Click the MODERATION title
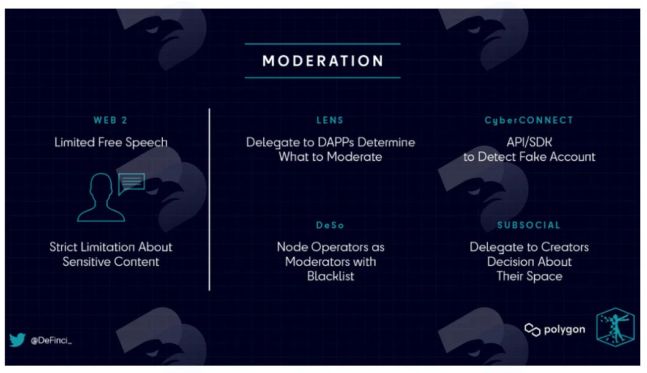point(323,61)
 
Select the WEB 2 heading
point(110,120)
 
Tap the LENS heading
point(330,120)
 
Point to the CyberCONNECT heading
point(529,121)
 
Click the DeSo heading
point(330,225)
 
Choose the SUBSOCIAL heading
point(529,225)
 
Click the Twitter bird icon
point(17,339)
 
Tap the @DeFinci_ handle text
point(51,341)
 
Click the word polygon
point(564,330)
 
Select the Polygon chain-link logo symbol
point(533,330)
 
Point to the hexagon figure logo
point(615,326)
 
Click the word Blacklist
point(331,276)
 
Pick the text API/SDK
point(529,142)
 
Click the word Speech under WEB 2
point(146,143)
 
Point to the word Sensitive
point(86,262)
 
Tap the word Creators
point(564,247)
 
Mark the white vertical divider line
point(209,200)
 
